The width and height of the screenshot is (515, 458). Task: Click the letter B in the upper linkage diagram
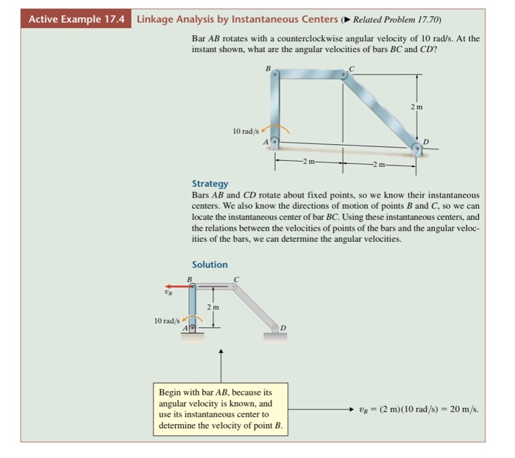[x=268, y=68]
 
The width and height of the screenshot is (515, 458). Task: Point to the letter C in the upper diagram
[x=351, y=68]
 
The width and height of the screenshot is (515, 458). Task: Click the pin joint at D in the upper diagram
[x=417, y=149]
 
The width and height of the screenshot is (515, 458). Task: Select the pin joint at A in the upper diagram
[x=274, y=141]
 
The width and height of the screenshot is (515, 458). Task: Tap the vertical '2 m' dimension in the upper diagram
[x=417, y=108]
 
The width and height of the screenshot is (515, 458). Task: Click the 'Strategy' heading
[x=210, y=184]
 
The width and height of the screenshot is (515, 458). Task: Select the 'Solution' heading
[x=210, y=265]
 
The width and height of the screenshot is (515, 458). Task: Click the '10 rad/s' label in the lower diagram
[x=167, y=321]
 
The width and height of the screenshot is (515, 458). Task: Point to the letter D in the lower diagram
[x=282, y=327]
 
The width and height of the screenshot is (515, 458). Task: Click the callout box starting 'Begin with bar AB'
[x=221, y=408]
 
